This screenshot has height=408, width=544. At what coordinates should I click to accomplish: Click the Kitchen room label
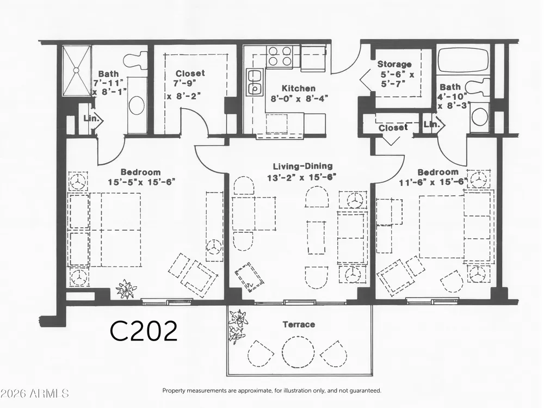[298, 88]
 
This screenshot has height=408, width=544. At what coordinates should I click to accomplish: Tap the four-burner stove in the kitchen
[280, 56]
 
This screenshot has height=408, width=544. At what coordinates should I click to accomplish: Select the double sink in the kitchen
[255, 82]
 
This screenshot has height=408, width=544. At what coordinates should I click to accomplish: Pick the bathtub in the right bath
[463, 61]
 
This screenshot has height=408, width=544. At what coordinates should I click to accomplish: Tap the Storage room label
[394, 64]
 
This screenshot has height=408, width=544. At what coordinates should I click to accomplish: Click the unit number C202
[144, 331]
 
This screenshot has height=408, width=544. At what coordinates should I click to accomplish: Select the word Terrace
[299, 325]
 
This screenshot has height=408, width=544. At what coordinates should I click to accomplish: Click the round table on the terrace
[298, 351]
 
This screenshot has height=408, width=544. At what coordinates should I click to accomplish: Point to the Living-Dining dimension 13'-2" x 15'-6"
[302, 177]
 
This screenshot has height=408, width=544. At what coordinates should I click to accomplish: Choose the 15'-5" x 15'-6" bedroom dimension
[141, 182]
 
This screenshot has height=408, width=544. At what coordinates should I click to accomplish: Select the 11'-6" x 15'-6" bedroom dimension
[434, 182]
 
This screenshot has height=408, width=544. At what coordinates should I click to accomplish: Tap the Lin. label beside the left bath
[90, 118]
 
